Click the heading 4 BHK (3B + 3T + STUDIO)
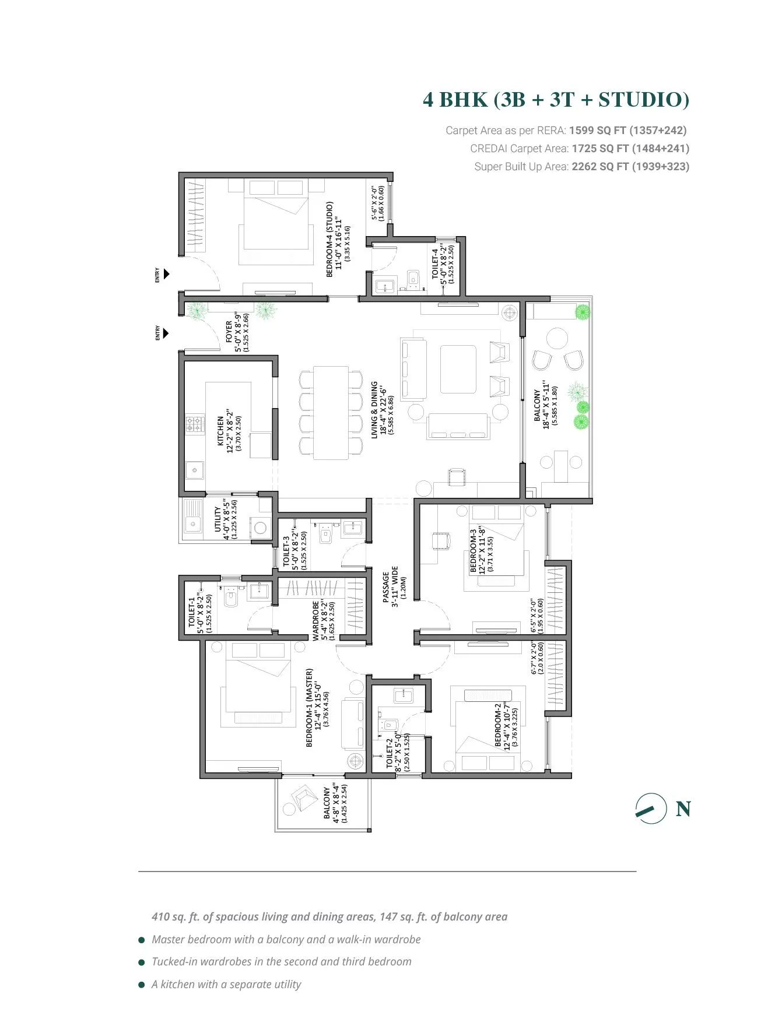[556, 100]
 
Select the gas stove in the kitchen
[195, 424]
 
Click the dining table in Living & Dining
[331, 413]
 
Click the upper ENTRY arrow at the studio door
[167, 274]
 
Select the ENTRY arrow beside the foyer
[167, 334]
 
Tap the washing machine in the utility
[260, 528]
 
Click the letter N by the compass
[683, 809]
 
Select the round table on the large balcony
[558, 339]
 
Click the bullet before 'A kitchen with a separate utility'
[142, 985]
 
